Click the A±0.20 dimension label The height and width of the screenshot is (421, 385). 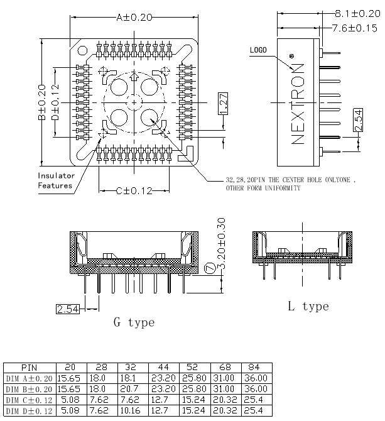pos(134,18)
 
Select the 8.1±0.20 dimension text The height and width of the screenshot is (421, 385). pos(357,13)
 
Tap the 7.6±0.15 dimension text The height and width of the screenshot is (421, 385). pos(354,28)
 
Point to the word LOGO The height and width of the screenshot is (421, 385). pos(258,50)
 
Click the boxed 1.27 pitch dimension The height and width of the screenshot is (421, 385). pos(223,104)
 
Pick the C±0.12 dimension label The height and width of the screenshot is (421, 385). pos(134,191)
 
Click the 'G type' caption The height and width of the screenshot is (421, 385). pos(134,322)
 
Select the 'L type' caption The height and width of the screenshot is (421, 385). pos(308,306)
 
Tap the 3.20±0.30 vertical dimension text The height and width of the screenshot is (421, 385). pos(221,244)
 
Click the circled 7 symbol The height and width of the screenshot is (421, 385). pos(210,268)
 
